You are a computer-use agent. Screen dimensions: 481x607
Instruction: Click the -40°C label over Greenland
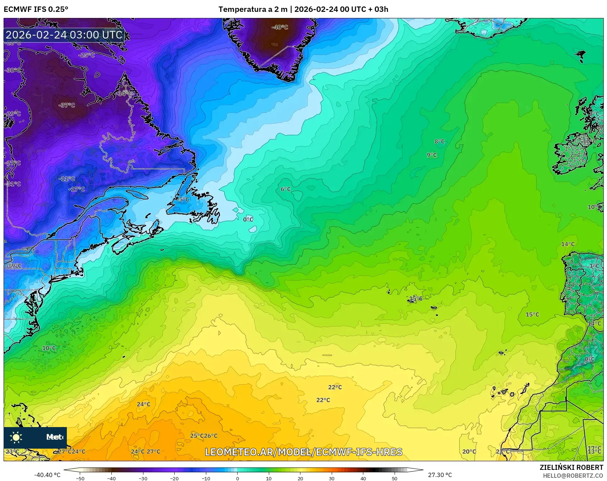tap(280, 27)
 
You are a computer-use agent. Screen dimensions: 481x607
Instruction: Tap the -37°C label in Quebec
tap(67, 105)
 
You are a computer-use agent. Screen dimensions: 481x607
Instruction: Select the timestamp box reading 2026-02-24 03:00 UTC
tap(64, 35)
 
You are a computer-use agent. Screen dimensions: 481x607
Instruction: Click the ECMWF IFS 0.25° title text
tap(36, 9)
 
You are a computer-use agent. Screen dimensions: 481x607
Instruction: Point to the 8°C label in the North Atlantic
tap(440, 142)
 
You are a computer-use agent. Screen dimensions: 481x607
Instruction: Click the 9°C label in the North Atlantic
tap(432, 155)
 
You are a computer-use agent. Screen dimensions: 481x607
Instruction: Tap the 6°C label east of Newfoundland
tap(286, 189)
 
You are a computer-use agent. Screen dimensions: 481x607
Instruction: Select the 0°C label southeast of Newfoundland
tap(248, 219)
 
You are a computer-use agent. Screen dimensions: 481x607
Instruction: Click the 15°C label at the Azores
tap(416, 299)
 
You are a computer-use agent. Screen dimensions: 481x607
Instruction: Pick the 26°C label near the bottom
tap(211, 436)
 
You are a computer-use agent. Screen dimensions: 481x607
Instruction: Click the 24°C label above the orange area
tap(144, 404)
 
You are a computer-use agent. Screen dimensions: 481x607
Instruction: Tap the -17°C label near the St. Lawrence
tap(77, 189)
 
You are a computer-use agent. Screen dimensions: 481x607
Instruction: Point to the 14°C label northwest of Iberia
tap(568, 244)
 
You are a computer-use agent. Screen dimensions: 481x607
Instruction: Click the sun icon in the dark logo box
tap(16, 437)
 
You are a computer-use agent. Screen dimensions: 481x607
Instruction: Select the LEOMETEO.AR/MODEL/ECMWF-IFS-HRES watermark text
tap(303, 452)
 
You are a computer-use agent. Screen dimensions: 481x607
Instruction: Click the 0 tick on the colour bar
tap(237, 478)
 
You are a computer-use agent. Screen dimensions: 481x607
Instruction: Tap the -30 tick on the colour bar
tap(143, 478)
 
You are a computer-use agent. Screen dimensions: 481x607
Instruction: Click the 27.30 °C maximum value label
tap(440, 475)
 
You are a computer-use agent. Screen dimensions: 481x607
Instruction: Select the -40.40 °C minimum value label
tap(47, 475)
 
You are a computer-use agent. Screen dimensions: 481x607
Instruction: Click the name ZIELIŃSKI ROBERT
tap(571, 467)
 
